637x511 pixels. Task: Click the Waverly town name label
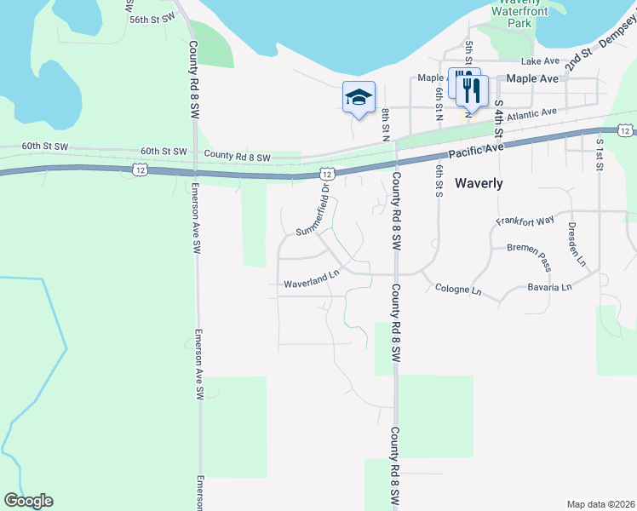[x=479, y=183]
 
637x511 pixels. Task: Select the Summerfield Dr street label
[x=313, y=217]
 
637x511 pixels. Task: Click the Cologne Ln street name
[x=458, y=290]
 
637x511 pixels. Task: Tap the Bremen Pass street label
[x=530, y=248]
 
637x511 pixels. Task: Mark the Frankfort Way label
[x=525, y=221]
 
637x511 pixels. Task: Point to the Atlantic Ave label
[x=530, y=113]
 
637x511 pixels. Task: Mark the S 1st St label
[x=600, y=154]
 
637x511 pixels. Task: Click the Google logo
[x=28, y=501]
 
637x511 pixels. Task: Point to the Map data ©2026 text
[x=600, y=504]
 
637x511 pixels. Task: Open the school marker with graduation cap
[x=359, y=97]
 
